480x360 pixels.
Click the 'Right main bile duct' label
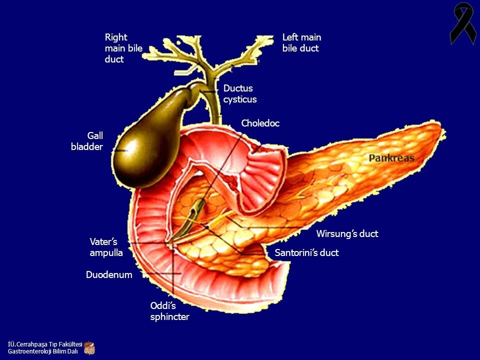123,48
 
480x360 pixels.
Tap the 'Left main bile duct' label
301,43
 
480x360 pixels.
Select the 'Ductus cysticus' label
239,94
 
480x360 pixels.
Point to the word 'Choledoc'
260,123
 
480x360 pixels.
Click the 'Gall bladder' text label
87,141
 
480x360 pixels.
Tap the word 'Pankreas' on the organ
391,158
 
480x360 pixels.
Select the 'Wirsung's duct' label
347,234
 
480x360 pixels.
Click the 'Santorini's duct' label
306,253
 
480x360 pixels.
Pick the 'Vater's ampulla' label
106,247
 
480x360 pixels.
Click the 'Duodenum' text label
109,275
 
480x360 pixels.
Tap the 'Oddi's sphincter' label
169,311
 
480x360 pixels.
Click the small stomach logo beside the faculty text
89,347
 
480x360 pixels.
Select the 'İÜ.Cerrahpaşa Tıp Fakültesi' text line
45,344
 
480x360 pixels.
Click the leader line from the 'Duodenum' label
160,274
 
